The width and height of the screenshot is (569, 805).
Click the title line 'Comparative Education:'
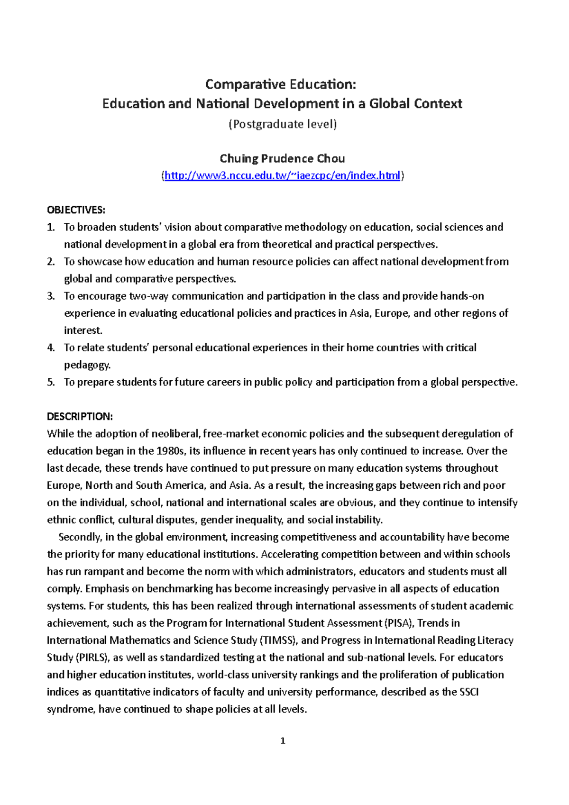click(280, 84)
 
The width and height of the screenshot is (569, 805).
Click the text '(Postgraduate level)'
click(282, 124)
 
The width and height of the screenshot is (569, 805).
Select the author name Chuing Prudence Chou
click(282, 158)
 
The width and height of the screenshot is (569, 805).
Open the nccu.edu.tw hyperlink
click(282, 176)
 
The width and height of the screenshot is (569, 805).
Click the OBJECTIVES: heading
click(76, 210)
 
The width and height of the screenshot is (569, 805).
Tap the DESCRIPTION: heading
click(80, 417)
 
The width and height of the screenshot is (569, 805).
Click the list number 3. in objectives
click(51, 296)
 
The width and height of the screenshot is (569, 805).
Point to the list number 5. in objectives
click(51, 383)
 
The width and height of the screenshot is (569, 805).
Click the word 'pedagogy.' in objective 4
click(87, 365)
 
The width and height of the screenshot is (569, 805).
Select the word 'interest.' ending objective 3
click(83, 330)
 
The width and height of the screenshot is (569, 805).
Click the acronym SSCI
click(469, 692)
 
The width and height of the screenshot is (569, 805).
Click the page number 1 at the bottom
click(283, 741)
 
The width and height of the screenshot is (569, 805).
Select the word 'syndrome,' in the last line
click(71, 709)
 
